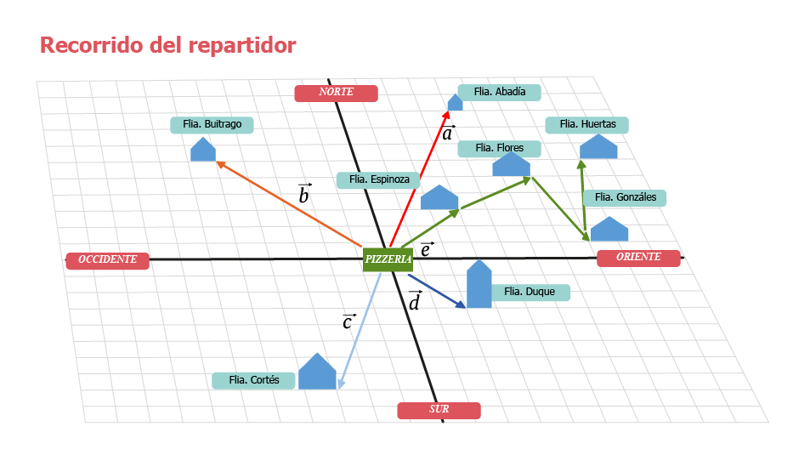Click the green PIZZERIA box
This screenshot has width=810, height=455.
point(388,259)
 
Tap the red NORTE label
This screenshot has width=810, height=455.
point(336,93)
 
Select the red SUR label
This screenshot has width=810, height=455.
point(439,410)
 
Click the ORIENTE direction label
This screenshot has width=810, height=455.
point(638,258)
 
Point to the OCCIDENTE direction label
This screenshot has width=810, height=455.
point(107,260)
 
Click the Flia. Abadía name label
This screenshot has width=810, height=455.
point(499,92)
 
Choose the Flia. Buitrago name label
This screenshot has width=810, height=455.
point(212,124)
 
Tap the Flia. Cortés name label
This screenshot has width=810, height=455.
point(254,380)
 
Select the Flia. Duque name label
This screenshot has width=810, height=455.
point(530,292)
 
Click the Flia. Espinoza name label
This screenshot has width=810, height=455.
point(378,179)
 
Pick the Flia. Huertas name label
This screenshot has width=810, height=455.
point(586,124)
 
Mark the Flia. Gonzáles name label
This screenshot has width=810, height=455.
point(625,197)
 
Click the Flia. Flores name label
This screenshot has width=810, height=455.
point(499,148)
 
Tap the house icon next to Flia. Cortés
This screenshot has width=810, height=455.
point(317,373)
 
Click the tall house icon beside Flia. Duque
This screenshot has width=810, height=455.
point(479,285)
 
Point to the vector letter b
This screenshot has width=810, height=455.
point(304,196)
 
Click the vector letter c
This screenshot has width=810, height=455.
point(348,322)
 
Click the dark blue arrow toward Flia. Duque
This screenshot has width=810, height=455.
point(436,290)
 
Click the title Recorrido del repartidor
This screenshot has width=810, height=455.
point(168,45)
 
